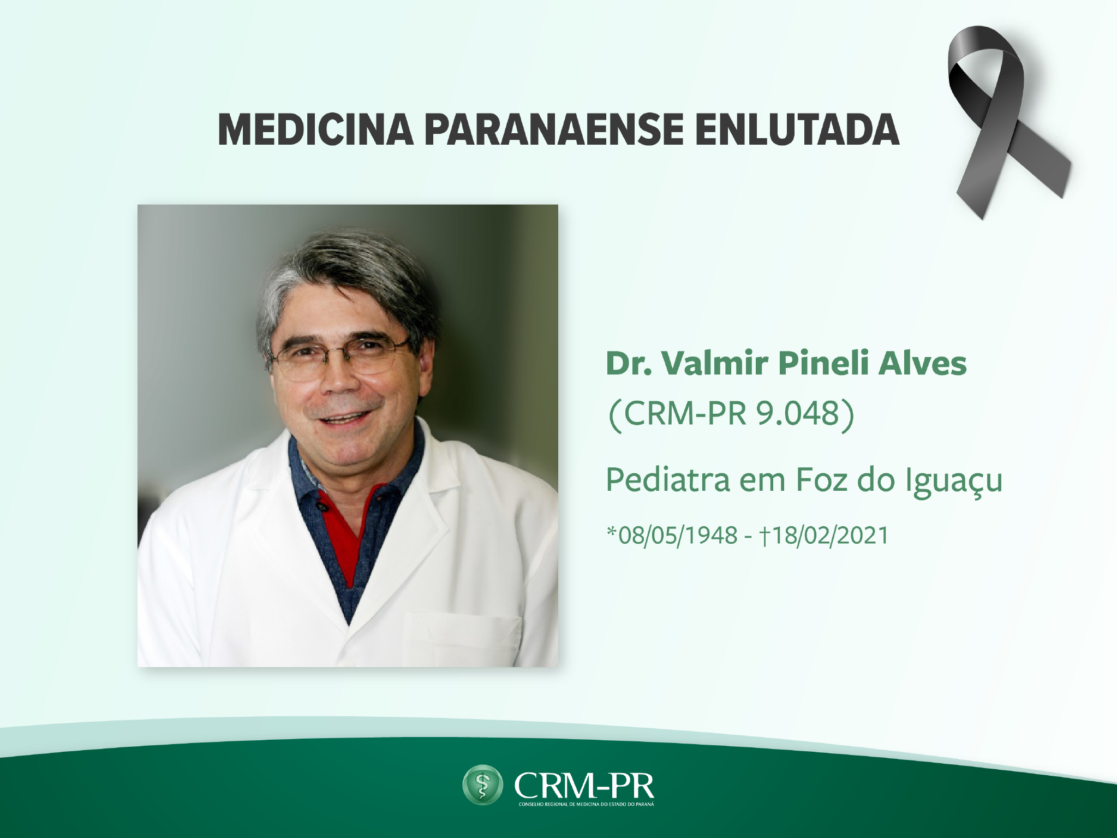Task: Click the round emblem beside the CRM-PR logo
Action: pyautogui.click(x=482, y=785)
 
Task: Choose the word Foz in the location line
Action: pyautogui.click(x=822, y=480)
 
